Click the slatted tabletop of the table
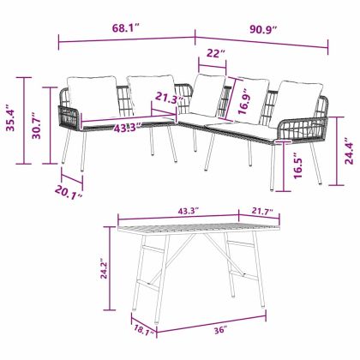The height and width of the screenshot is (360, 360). pyautogui.click(x=197, y=230)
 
